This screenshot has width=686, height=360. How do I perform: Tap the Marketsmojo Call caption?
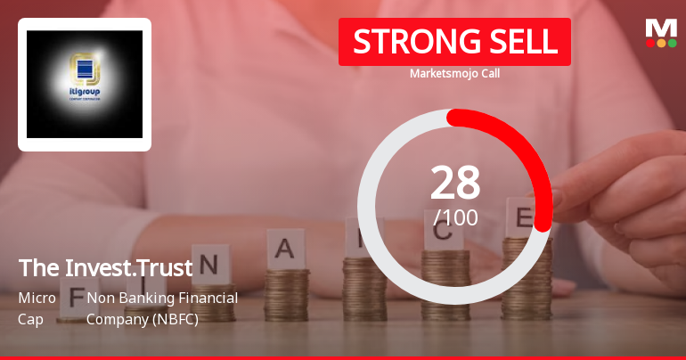coord(454,73)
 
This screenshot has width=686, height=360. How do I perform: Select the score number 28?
coord(455,183)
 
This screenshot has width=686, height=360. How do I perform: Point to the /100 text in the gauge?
coord(455,217)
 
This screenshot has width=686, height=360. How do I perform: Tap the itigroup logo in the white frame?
coord(85,84)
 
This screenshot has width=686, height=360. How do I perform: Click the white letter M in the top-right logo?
coord(661,28)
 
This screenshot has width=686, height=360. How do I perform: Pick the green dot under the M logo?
coord(673,43)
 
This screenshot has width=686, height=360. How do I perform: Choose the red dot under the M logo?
coord(650,43)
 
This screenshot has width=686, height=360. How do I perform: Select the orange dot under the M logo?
coord(661,43)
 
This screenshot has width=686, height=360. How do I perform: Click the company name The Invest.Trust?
coord(105,267)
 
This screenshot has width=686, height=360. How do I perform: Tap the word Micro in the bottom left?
coord(37,298)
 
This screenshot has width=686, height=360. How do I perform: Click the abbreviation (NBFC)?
coord(174,318)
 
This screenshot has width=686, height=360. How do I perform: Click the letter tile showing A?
coord(285,249)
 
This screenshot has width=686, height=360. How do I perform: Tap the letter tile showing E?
coord(524,216)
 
